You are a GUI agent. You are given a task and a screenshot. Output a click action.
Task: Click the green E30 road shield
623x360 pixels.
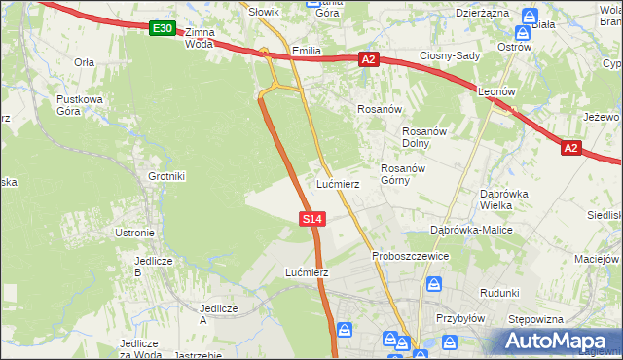tap(163, 29)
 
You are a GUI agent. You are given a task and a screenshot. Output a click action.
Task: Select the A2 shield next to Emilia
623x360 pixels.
tap(368, 59)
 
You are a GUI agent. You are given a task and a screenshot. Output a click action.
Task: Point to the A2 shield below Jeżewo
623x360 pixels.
tap(571, 148)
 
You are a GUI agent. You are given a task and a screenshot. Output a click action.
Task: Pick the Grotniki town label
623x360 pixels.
tap(165, 176)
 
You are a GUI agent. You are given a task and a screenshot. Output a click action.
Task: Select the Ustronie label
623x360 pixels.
tap(134, 233)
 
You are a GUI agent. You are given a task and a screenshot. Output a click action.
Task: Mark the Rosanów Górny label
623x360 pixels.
tap(400, 173)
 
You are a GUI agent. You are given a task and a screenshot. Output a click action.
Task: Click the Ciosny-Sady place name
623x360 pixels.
tap(450, 55)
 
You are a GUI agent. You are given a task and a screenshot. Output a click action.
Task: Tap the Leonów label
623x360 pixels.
tap(497, 90)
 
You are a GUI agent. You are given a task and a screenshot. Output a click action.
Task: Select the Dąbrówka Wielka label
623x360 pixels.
tap(504, 198)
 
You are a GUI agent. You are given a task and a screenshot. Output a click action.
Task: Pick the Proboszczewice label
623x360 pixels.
tap(410, 256)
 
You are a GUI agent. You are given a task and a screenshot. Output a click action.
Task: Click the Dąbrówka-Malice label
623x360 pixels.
tap(472, 230)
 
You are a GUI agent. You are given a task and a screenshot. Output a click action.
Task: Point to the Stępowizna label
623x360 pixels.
tap(536, 318)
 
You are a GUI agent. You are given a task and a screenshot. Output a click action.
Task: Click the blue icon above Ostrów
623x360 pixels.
tap(529, 17)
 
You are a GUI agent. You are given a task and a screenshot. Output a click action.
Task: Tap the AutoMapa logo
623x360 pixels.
tap(563, 341)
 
